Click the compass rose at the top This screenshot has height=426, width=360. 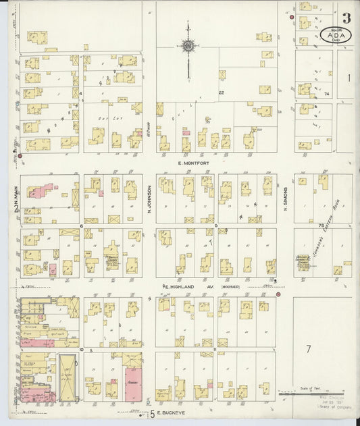(x=188, y=46)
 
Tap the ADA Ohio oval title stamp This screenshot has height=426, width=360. (x=335, y=36)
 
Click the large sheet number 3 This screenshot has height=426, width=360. (x=346, y=18)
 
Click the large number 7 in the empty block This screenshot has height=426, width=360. (x=307, y=349)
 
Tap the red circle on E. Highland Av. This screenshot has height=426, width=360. (x=278, y=294)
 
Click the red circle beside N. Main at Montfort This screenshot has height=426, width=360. (x=20, y=156)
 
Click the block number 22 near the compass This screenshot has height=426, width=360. (x=221, y=92)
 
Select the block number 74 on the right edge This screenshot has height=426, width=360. (x=327, y=94)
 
